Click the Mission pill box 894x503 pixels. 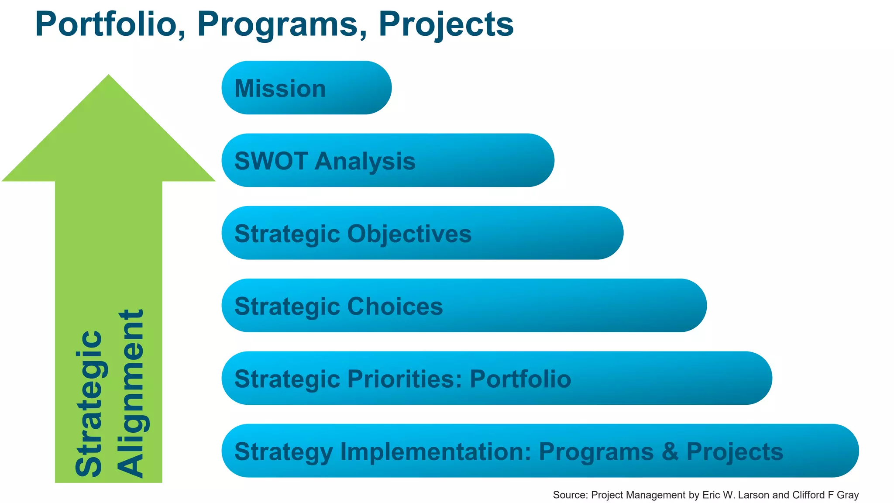point(306,88)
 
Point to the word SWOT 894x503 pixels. point(271,161)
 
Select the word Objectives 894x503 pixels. point(409,234)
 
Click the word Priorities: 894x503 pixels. point(405,379)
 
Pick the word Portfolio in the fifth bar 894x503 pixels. point(520,379)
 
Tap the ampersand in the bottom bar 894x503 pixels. point(670,451)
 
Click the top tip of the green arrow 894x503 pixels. point(109,76)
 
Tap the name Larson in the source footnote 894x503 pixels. point(753,495)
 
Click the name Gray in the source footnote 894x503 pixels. point(848,495)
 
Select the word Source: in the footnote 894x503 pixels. point(571,495)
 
